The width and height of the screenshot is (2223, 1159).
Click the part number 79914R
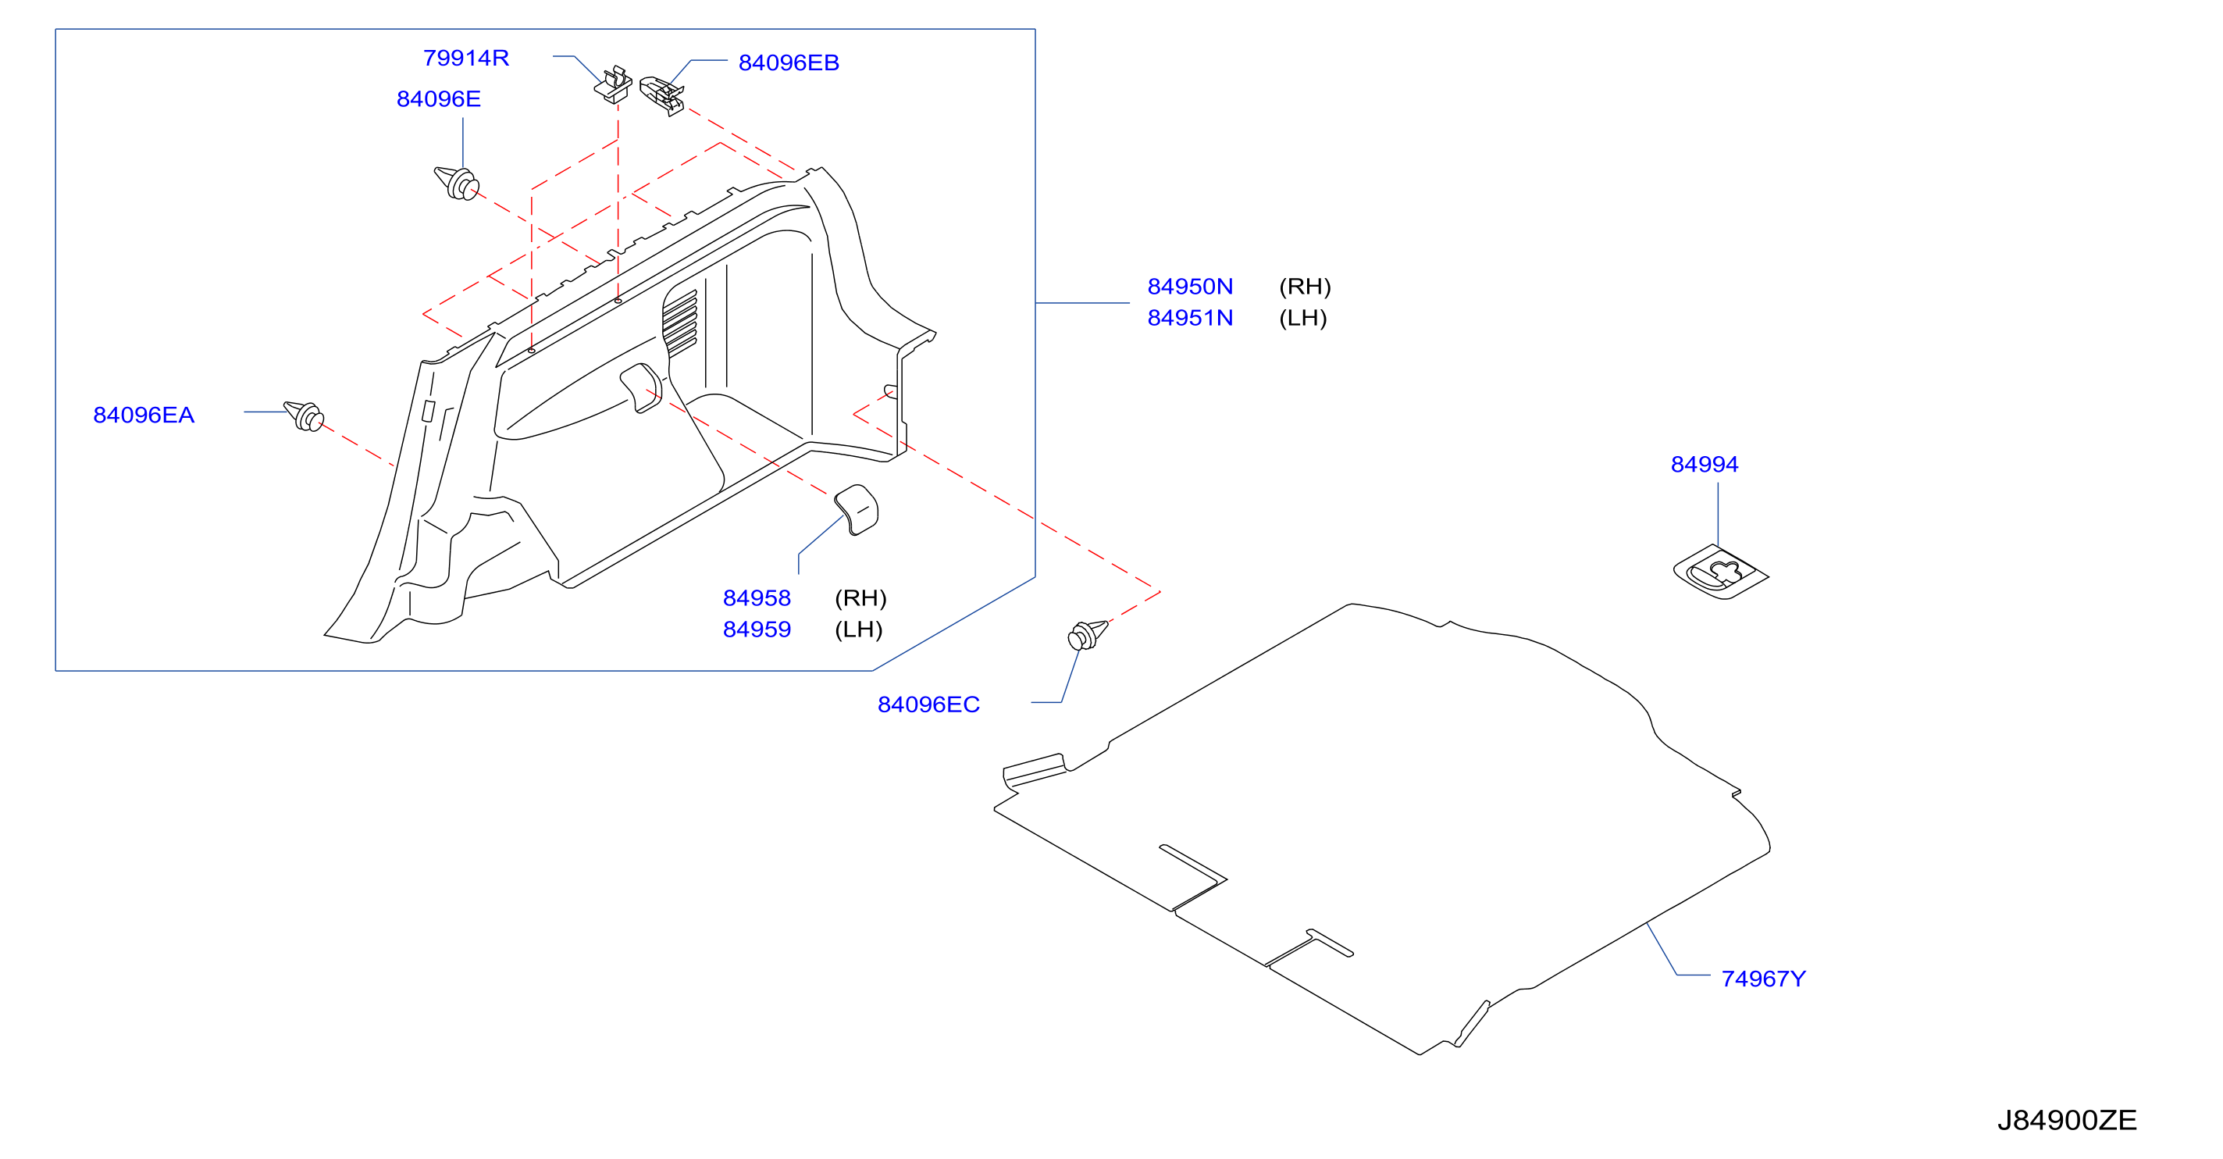466,58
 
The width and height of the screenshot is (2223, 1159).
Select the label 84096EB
789,63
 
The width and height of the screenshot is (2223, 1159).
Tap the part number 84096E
438,99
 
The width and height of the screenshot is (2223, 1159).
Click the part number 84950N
1190,287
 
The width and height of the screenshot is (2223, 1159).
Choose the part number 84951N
1190,319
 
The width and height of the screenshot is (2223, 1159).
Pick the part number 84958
757,598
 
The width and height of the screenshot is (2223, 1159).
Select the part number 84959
757,630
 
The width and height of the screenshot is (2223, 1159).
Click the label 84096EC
928,705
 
